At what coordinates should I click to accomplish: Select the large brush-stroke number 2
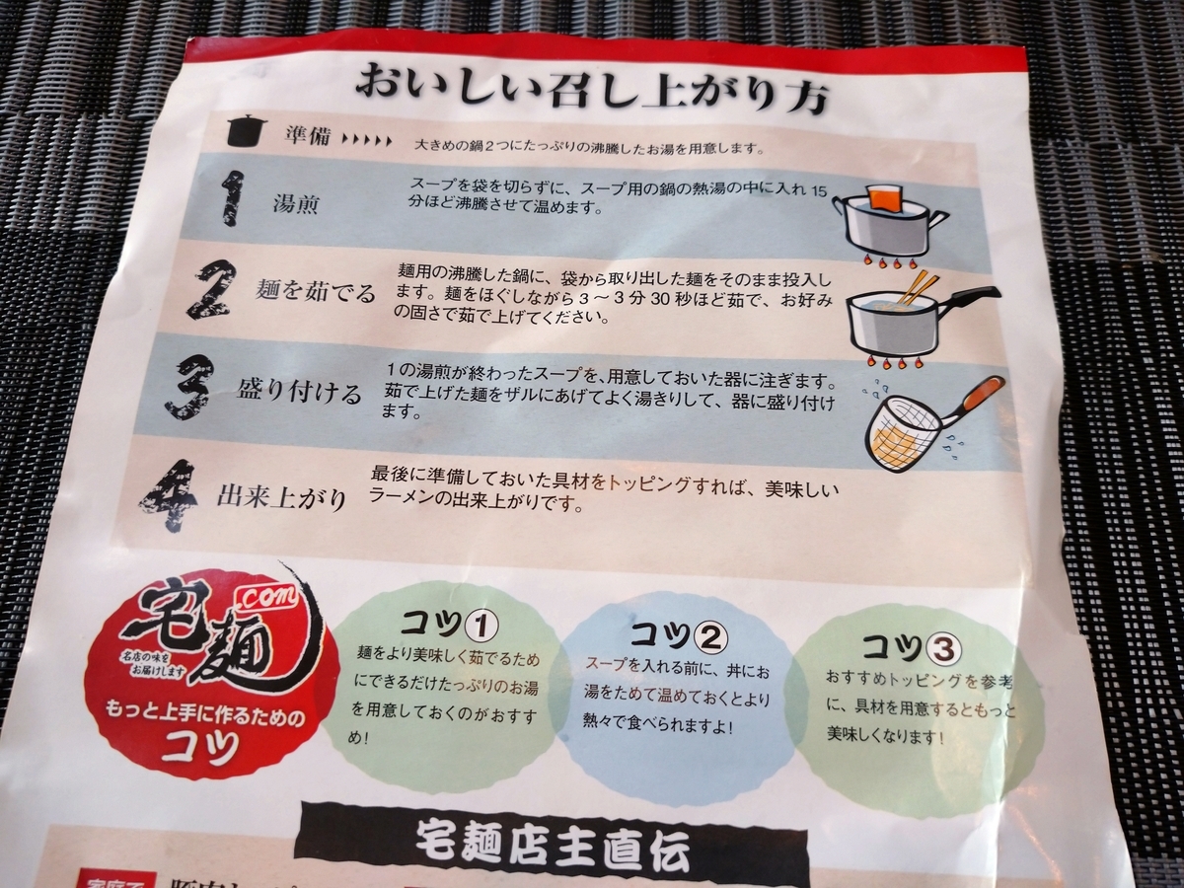click(x=210, y=288)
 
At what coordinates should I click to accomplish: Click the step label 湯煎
click(x=295, y=205)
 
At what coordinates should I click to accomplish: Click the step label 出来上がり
click(x=282, y=496)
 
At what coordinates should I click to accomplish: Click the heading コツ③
click(x=910, y=646)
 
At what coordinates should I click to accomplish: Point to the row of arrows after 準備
click(x=366, y=140)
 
